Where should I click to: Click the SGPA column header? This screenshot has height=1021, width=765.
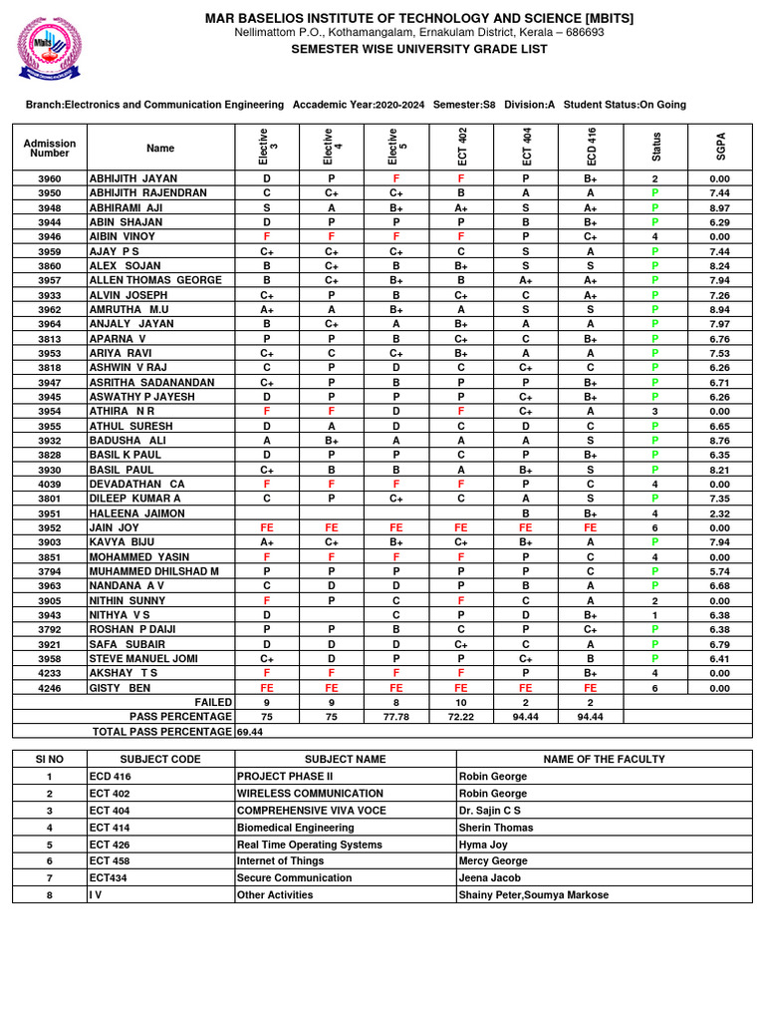(x=720, y=147)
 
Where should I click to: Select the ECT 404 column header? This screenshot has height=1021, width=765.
(x=526, y=147)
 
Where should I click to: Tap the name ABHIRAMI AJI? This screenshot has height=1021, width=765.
(x=126, y=207)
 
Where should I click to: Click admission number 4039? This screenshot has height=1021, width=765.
(x=50, y=484)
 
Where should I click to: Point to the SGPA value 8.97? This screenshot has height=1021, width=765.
(x=720, y=207)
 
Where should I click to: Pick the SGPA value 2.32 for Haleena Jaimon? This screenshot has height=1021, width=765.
(x=720, y=513)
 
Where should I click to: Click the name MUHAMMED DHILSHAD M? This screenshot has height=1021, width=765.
(x=153, y=571)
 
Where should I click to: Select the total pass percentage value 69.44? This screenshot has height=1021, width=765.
(x=250, y=731)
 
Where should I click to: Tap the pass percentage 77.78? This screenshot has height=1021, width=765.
(x=396, y=716)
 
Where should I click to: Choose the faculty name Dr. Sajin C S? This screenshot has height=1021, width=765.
(x=489, y=811)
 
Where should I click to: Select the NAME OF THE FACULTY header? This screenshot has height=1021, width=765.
(x=604, y=759)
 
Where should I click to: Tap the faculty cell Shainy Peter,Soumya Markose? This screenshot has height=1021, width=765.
(x=533, y=894)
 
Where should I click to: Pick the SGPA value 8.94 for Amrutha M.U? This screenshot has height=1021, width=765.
(x=720, y=310)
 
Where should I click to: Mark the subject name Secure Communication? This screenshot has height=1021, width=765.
(x=294, y=877)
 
